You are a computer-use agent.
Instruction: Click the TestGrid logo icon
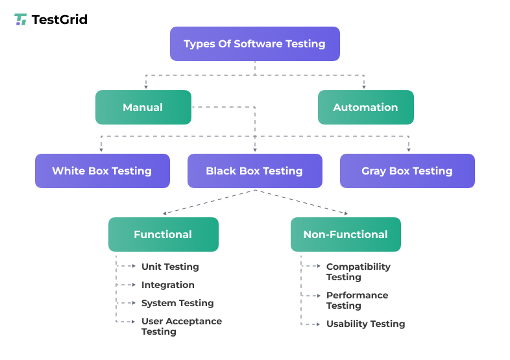[21, 19]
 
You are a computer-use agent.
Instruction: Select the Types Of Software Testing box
[254, 44]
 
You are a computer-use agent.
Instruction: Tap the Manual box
[143, 107]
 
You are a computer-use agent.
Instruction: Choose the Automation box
[365, 107]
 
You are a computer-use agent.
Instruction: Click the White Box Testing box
[102, 171]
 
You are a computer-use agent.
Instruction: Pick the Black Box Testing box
[254, 171]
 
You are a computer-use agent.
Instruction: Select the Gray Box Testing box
[407, 171]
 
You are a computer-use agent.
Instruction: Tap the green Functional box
[163, 234]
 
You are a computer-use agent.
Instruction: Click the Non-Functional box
[345, 234]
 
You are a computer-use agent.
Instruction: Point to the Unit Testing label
[170, 267]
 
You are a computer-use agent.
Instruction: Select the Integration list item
[167, 285]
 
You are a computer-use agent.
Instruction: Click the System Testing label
[177, 303]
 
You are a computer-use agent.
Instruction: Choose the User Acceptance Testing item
[181, 326]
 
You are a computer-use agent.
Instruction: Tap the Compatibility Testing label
[358, 272]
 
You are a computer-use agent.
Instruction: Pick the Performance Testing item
[357, 300]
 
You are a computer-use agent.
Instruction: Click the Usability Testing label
[365, 324]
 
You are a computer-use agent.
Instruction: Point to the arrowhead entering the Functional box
[165, 213]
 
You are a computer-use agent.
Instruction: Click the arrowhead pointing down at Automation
[364, 87]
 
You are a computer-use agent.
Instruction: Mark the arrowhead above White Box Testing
[101, 150]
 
